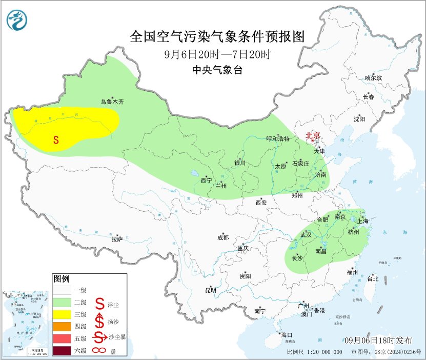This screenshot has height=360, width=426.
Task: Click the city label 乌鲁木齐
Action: click(112, 102)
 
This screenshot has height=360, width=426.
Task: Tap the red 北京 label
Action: click(313, 136)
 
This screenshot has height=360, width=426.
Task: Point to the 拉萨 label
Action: click(117, 239)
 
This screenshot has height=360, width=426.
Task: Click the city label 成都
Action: click(223, 237)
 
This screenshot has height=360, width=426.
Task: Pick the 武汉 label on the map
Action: click(306, 234)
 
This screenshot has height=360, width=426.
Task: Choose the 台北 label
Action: click(372, 279)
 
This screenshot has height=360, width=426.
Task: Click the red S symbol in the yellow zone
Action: click(56, 139)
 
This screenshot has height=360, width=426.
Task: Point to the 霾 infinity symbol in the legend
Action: click(98, 351)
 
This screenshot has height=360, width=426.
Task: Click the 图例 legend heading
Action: click(61, 279)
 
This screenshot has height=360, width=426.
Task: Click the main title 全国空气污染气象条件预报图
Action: click(217, 36)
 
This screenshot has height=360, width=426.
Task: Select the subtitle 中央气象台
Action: click(217, 71)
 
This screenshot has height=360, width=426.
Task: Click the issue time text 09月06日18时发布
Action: click(378, 341)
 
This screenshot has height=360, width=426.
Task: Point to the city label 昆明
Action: click(210, 290)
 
